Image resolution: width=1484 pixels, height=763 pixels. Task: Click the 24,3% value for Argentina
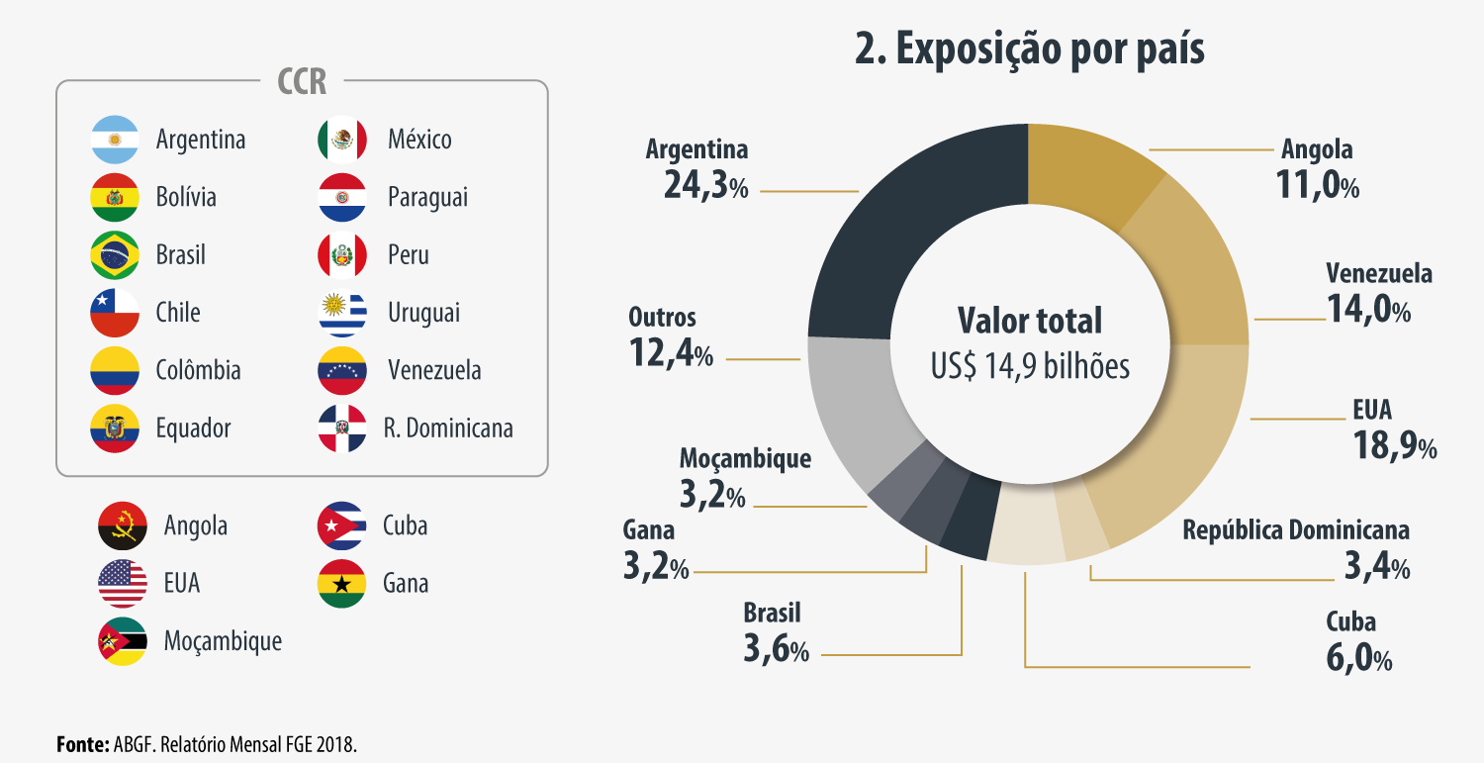tap(705, 185)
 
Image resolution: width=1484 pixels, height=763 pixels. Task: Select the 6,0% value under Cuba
tap(1358, 658)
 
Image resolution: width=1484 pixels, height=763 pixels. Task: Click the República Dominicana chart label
tap(1296, 530)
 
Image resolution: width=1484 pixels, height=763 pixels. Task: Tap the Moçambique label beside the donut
tap(745, 459)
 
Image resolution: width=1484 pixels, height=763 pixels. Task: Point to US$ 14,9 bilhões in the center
tap(1029, 366)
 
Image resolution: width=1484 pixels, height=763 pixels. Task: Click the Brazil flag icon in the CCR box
tap(115, 255)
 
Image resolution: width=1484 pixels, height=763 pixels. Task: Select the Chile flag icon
tap(115, 313)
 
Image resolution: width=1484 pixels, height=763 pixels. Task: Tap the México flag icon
tap(342, 140)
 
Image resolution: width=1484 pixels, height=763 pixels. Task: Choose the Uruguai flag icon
tap(342, 313)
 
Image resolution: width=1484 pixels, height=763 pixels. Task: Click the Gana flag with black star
tap(342, 583)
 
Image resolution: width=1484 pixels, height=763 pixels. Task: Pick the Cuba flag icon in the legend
tap(342, 525)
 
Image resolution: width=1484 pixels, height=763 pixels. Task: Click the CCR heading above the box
tap(302, 81)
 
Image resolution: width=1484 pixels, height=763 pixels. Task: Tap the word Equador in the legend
tap(193, 429)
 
